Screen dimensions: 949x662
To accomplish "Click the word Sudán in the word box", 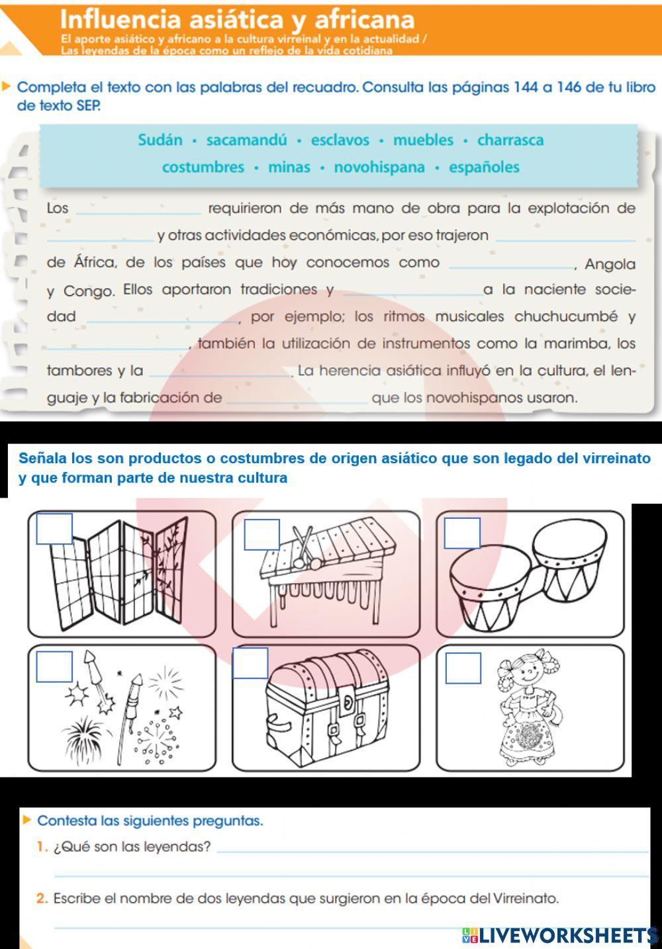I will pyautogui.click(x=160, y=140).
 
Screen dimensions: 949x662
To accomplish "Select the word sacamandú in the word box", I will pyautogui.click(x=246, y=140).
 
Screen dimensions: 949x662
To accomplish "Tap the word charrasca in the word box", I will pyautogui.click(x=510, y=140).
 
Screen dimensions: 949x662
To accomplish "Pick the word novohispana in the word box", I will pyautogui.click(x=379, y=167).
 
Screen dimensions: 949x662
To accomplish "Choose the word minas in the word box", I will pyautogui.click(x=289, y=167).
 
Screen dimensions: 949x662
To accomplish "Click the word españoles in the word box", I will pyautogui.click(x=484, y=167).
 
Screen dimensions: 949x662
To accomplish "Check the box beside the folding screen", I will pyautogui.click(x=54, y=529).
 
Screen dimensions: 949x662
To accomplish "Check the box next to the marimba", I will pyautogui.click(x=261, y=535).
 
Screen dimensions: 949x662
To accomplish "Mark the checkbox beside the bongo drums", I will pyautogui.click(x=461, y=533).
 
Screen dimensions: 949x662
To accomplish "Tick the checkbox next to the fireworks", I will pyautogui.click(x=54, y=666).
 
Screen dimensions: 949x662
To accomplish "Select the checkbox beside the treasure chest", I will pyautogui.click(x=250, y=663).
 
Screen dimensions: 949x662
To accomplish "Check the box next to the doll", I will pyautogui.click(x=463, y=668).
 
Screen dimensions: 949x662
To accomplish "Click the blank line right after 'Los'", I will pyautogui.click(x=138, y=210).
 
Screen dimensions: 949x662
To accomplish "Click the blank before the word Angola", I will pyautogui.click(x=511, y=264).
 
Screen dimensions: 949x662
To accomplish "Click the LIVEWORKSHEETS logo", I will pyautogui.click(x=560, y=934).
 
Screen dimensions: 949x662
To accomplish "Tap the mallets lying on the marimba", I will pyautogui.click(x=303, y=547).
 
